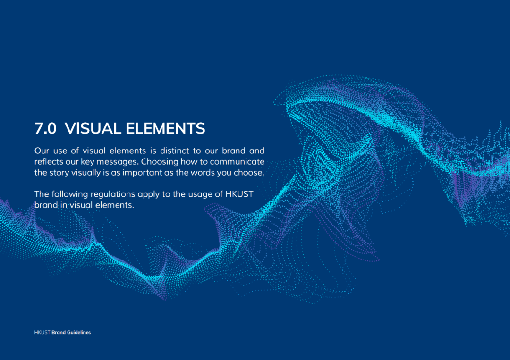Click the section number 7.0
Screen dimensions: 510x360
[x=45, y=128]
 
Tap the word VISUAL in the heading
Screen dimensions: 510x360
[x=93, y=128]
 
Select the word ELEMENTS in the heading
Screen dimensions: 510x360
[x=166, y=128]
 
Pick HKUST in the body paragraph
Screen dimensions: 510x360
[x=239, y=194]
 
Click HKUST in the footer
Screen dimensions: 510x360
[x=42, y=332]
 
